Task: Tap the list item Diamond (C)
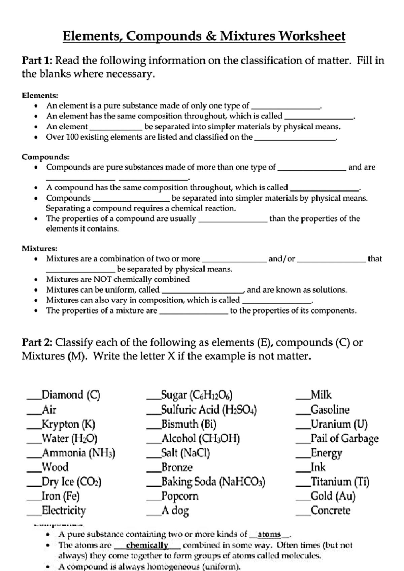pyautogui.click(x=71, y=395)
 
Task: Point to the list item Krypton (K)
pyautogui.click(x=68, y=424)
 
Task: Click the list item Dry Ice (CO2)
pyautogui.click(x=71, y=482)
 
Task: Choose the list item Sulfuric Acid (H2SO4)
pyautogui.click(x=209, y=410)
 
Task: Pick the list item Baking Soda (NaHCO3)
pyautogui.click(x=213, y=482)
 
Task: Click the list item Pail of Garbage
pyautogui.click(x=344, y=438)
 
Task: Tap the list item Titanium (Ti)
pyautogui.click(x=340, y=482)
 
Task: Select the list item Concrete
pyautogui.click(x=330, y=510)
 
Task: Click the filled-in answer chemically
pyautogui.click(x=147, y=545)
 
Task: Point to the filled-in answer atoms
pyautogui.click(x=269, y=534)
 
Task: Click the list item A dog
pyautogui.click(x=175, y=510)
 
